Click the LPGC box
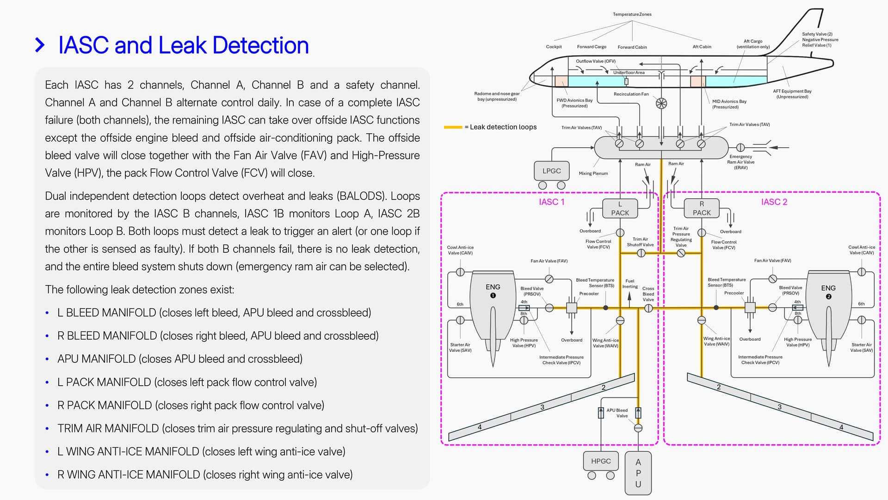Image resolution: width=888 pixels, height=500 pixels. [551, 171]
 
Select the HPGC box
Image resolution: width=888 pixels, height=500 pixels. [601, 461]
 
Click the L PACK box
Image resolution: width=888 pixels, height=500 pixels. [620, 208]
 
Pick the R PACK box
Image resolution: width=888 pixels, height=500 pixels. [702, 208]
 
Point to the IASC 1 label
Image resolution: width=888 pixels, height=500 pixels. [551, 202]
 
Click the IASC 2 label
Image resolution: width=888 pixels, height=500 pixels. [774, 202]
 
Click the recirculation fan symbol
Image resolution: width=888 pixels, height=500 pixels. [661, 103]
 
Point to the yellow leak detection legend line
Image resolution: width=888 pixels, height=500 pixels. [453, 127]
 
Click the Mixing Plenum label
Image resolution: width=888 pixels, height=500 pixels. [593, 173]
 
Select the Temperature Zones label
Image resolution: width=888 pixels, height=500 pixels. [632, 14]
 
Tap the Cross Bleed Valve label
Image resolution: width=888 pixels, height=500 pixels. [648, 294]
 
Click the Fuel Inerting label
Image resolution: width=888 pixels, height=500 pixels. [630, 284]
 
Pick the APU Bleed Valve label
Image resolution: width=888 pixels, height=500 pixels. [617, 413]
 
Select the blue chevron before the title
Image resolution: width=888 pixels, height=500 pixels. [40, 45]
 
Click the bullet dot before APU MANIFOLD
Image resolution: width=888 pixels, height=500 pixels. [47, 359]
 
